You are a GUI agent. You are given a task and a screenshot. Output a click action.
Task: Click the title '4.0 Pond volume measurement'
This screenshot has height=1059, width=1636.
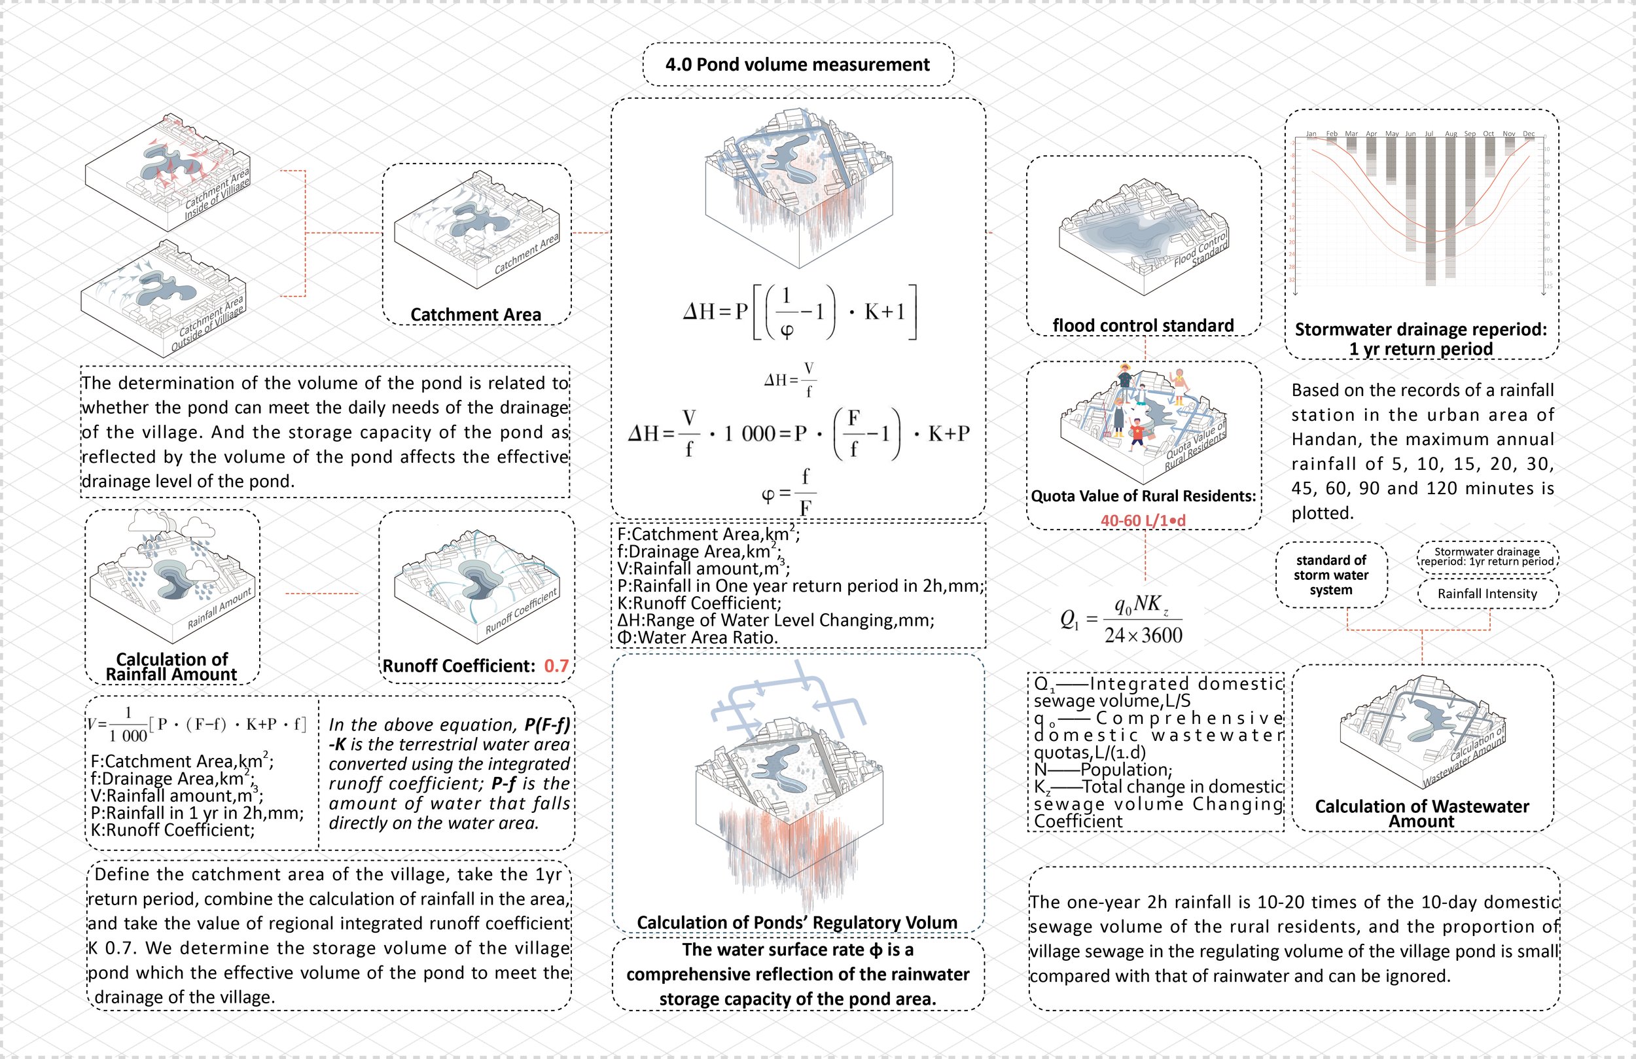797,65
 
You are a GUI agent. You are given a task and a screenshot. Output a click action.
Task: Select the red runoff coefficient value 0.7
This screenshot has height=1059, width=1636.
556,666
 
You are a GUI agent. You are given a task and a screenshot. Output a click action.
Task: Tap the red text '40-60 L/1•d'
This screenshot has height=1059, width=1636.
1143,520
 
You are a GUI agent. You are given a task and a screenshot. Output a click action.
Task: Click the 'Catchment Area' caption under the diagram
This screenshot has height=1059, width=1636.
476,314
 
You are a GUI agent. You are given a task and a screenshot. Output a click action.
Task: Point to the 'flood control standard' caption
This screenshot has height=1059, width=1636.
1143,325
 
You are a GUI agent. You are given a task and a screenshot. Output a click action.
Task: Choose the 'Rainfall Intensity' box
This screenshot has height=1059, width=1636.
1487,594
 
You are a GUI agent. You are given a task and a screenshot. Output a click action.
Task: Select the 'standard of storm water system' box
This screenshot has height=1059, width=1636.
1331,575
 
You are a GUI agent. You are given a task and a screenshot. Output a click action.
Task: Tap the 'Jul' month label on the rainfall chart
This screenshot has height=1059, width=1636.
1429,134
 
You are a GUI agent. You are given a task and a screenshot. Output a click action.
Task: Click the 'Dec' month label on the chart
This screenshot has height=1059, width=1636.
1529,134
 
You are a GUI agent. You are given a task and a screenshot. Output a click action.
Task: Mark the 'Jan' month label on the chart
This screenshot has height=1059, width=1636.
1311,134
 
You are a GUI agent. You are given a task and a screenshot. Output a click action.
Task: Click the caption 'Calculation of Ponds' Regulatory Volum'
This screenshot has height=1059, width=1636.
797,922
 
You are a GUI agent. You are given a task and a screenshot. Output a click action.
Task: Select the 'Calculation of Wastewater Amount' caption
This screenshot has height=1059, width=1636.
1421,814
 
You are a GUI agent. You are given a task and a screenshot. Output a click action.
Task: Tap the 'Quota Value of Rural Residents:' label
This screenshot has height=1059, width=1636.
1143,496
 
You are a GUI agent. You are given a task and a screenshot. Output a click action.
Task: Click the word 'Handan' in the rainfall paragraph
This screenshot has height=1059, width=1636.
1320,439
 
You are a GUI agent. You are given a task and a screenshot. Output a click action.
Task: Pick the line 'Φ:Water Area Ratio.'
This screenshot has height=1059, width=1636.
698,637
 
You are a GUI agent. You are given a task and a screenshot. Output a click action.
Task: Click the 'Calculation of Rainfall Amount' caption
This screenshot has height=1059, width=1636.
172,666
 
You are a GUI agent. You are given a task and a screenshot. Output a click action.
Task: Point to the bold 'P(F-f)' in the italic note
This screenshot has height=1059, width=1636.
547,725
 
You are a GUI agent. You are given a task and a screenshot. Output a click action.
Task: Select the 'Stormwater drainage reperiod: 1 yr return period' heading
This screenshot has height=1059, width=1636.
1421,338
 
